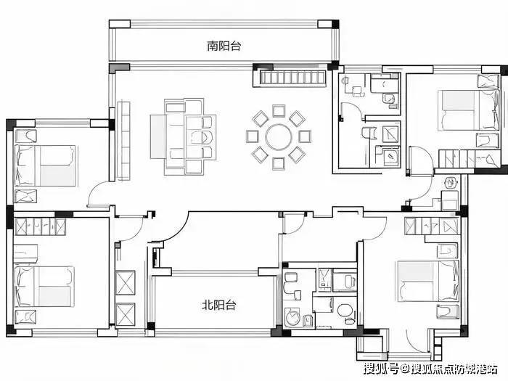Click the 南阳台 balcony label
224,46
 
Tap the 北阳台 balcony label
218,305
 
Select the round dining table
278,137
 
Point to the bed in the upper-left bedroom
45,165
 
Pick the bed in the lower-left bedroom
44,287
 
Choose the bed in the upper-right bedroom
469,110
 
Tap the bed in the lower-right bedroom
429,281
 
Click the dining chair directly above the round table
279,111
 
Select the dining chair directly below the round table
279,163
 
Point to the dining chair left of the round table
252,136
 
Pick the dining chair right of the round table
305,136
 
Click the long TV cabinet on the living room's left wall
123,141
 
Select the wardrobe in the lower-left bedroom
40,226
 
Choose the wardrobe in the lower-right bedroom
433,226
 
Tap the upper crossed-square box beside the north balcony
126,282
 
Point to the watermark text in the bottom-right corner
430,369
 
